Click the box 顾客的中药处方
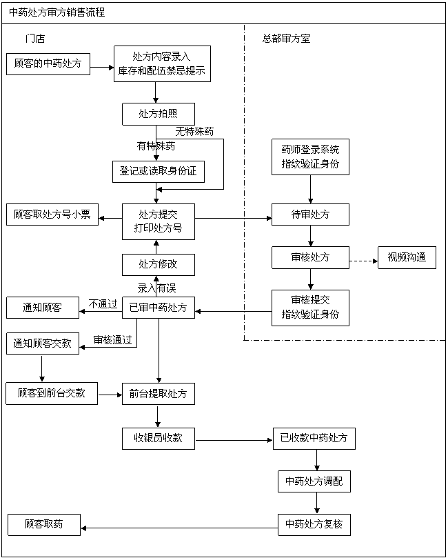48,64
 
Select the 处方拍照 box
159,114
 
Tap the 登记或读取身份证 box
159,171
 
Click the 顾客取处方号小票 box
52,215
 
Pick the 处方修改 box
159,264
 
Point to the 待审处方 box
310,215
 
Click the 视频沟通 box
407,258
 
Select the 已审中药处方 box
159,308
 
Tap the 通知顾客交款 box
43,343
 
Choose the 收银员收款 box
159,437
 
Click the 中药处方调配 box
314,481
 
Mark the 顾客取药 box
43,524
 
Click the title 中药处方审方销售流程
57,12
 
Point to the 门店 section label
34,39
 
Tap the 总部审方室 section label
286,39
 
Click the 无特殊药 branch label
194,131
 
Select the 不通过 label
103,303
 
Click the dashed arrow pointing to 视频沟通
363,261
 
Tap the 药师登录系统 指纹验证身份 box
310,157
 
